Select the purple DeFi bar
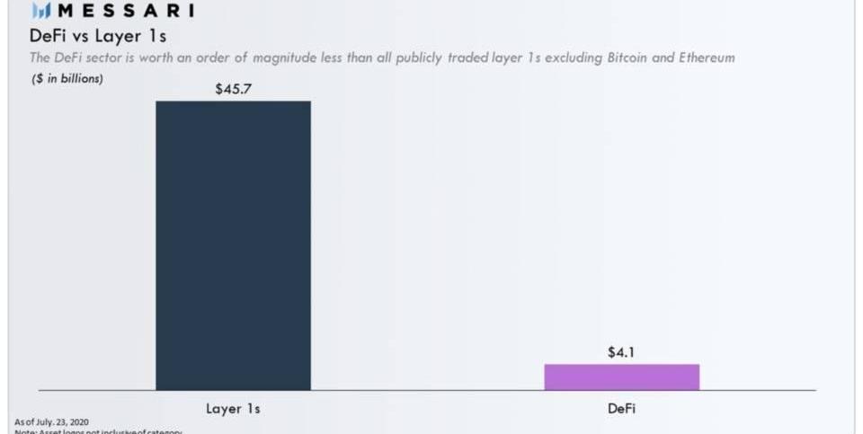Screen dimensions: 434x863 [621, 377]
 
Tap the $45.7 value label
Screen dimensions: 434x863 [233, 89]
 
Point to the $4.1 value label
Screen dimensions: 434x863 [621, 352]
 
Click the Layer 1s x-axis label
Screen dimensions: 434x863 [233, 409]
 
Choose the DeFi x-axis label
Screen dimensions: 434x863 [621, 409]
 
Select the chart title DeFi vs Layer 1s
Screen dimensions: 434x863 [99, 37]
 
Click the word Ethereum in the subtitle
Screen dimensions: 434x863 [706, 58]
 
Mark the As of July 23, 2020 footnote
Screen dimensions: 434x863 [52, 421]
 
